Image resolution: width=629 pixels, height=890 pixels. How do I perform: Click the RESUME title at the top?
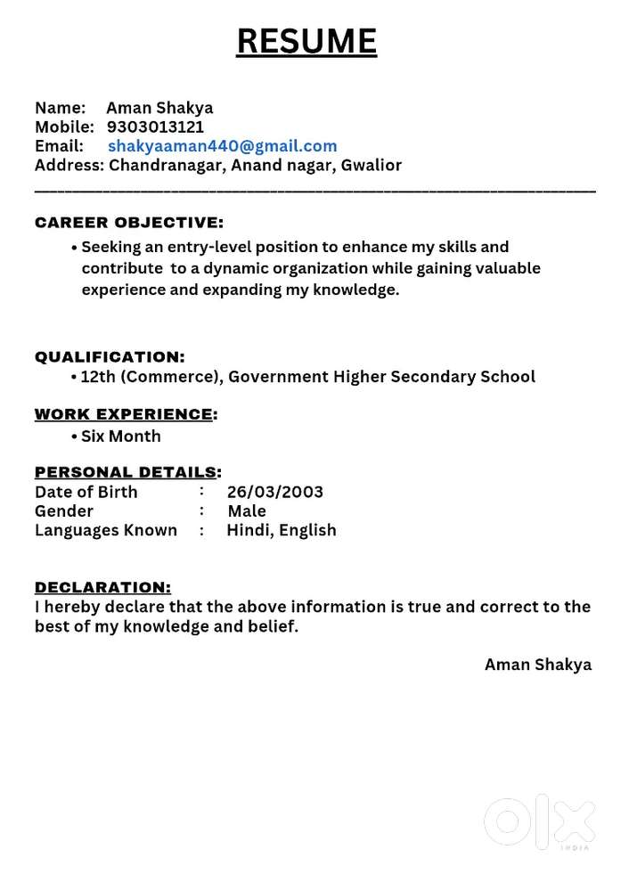point(306,41)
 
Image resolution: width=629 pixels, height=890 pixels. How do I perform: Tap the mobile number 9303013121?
point(155,127)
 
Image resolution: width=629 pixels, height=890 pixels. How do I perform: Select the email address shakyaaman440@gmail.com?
point(223,146)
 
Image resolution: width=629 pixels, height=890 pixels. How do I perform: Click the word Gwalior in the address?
point(372,165)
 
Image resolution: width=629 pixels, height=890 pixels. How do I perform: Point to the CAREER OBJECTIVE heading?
point(129,223)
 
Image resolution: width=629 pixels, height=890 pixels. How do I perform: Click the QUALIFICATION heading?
point(110,357)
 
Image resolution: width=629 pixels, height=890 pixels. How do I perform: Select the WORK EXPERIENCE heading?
point(124,414)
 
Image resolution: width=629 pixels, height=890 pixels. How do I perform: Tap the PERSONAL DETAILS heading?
point(126,472)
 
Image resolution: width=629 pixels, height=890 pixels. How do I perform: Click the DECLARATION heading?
point(102,587)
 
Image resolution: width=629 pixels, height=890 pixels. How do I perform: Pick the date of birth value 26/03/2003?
point(275,492)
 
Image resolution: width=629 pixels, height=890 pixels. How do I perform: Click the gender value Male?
point(247,511)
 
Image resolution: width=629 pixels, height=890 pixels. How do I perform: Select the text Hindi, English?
point(282,531)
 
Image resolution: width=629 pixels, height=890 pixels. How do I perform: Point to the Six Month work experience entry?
point(121,437)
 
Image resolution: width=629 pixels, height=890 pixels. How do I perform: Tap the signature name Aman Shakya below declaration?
point(538,665)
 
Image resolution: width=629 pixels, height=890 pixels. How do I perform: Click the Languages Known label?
point(106,531)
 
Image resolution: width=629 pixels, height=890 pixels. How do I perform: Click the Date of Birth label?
point(86,492)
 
